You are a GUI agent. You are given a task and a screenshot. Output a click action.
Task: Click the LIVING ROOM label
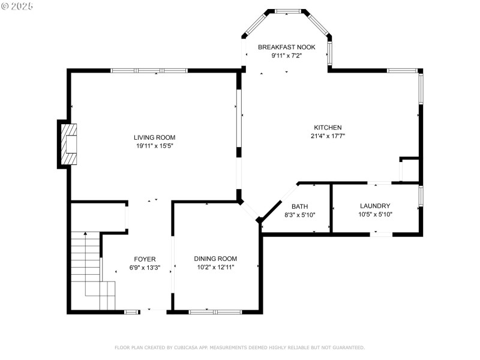point(154,137)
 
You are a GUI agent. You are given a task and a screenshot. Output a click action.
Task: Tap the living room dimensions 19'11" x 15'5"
point(154,146)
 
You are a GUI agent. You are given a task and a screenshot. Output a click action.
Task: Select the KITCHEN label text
point(328,127)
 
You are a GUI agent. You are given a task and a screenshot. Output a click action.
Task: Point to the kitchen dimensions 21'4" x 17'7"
point(328,136)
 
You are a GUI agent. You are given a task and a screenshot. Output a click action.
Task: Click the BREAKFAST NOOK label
point(286,47)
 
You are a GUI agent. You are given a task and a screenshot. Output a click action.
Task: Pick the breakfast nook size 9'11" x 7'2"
point(286,55)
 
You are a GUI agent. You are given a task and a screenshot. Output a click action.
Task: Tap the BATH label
point(299,206)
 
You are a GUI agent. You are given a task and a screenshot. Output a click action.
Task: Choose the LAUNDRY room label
point(375,206)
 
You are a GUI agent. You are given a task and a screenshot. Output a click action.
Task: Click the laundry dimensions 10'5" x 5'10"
point(375,214)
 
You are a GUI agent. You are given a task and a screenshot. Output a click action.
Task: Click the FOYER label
point(145,259)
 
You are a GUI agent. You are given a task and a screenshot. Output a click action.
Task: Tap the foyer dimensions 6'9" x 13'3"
point(145,268)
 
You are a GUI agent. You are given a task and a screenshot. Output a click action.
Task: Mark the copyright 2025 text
point(17,5)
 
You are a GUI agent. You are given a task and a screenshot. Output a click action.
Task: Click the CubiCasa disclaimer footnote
point(239,347)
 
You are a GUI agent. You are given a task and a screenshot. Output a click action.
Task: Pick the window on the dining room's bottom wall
point(215,311)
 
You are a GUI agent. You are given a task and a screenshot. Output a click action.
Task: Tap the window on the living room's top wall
point(149,71)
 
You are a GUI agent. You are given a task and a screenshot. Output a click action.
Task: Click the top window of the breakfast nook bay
point(287,11)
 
